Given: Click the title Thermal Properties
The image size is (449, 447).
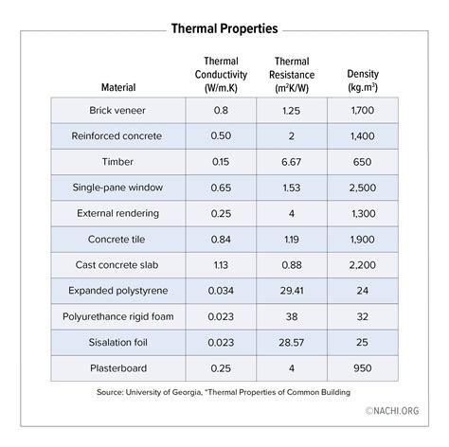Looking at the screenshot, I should (224, 28).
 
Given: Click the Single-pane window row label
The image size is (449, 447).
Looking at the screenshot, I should (115, 188).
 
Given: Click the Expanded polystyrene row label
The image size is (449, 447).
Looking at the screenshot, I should (115, 290).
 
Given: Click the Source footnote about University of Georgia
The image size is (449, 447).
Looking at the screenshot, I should (224, 390).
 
